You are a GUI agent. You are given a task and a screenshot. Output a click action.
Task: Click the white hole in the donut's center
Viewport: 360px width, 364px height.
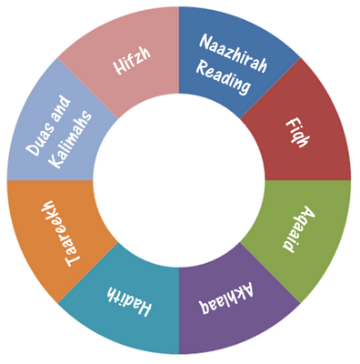pos(179,182)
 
